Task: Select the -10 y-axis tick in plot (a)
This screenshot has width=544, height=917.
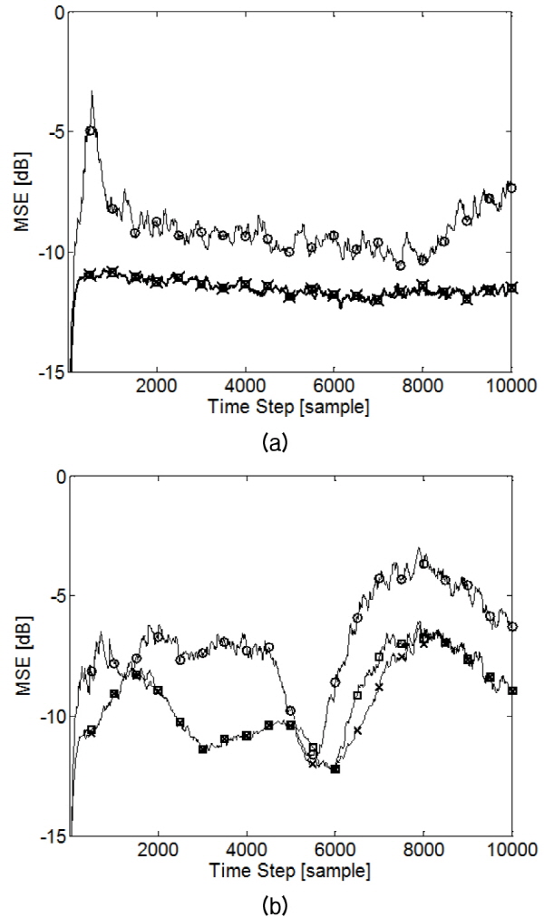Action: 50,252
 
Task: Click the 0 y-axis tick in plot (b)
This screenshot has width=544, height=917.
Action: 59,477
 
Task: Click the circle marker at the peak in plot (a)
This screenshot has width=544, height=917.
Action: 91,131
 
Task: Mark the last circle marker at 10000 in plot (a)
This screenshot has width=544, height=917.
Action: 511,188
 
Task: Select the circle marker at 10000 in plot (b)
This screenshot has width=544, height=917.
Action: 512,626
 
